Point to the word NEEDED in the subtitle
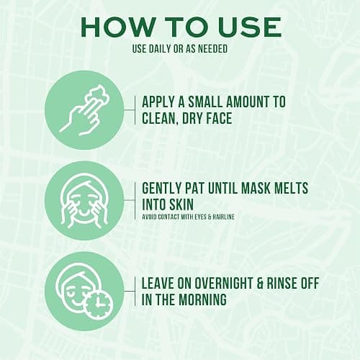(x=212, y=49)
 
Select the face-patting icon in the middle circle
(x=84, y=201)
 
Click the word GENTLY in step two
(x=161, y=188)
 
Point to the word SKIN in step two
(x=181, y=204)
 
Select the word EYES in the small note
(x=200, y=217)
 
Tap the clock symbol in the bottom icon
(x=99, y=305)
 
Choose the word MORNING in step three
(x=202, y=300)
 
